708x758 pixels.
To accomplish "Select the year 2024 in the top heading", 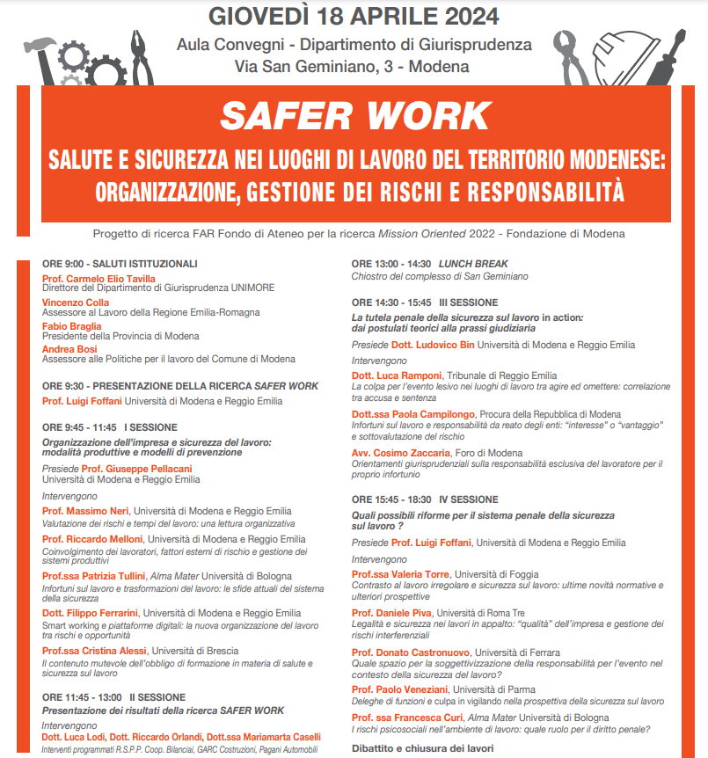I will [466, 16].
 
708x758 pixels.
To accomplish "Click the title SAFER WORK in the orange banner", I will [355, 116].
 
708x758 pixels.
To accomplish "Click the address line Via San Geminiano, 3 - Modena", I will [352, 66].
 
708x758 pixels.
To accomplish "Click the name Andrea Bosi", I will [69, 349].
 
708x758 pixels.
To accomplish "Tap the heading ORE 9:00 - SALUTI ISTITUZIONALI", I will [120, 264].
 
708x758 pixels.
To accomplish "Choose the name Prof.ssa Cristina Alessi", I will [96, 651].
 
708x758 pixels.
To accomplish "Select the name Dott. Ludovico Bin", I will [433, 345].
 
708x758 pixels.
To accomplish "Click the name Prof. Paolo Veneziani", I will [400, 690].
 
